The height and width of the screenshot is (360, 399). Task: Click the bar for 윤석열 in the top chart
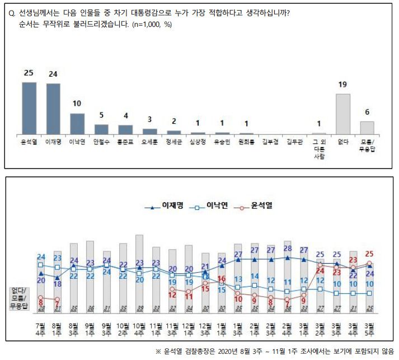point(29,108)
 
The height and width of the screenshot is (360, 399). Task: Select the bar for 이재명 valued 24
point(54,109)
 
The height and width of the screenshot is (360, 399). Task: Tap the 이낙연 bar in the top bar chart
point(77,123)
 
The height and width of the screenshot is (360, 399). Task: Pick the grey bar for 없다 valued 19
point(342,114)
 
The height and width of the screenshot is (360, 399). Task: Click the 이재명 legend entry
point(162,207)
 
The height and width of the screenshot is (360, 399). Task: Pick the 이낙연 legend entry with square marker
point(210,207)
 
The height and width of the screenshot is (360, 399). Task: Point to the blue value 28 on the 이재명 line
point(287,249)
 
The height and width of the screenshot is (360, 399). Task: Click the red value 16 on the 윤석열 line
point(222,278)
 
